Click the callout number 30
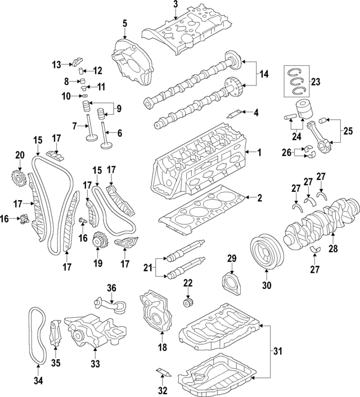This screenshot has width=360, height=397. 267,285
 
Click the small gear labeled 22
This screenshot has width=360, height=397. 188,304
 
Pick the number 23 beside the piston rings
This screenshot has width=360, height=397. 315,82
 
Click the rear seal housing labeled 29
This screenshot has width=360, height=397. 231,282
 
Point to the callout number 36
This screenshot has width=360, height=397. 111,288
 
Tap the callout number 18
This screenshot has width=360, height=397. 163,348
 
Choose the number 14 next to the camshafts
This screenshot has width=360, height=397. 264,74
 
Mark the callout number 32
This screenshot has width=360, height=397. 161,390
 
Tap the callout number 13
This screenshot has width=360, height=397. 56,65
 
